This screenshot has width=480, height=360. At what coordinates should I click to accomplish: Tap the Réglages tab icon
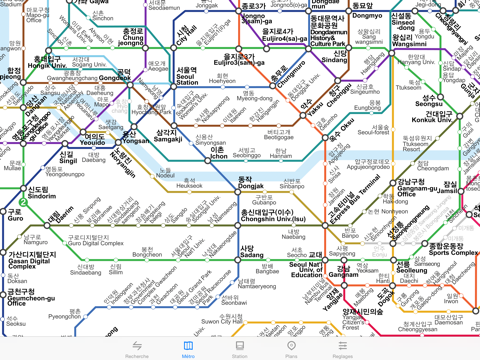point(342,346)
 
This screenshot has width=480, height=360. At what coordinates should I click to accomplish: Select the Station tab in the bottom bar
point(239,346)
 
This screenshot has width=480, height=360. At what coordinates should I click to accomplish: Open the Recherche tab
point(136,346)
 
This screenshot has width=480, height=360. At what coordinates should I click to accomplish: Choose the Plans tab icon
point(291,346)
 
